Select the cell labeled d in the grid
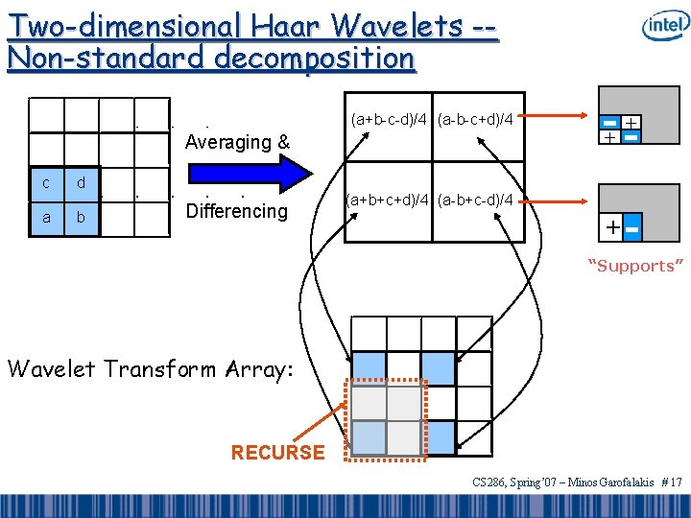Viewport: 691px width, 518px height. click(82, 183)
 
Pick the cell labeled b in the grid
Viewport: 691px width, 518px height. click(82, 218)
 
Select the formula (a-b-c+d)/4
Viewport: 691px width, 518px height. click(475, 120)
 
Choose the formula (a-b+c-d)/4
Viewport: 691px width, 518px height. click(475, 200)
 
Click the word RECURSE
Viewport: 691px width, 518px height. click(278, 452)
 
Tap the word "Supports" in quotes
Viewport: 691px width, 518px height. click(635, 266)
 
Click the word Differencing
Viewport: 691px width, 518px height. click(236, 211)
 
